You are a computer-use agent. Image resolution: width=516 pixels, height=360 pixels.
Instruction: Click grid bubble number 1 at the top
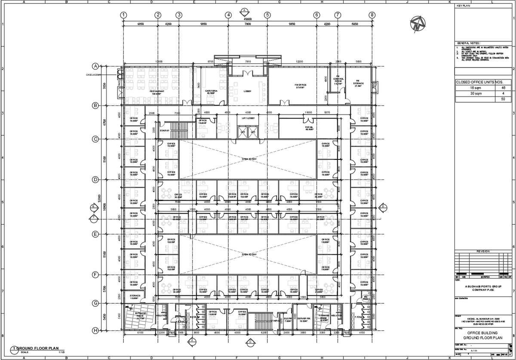point(123,15)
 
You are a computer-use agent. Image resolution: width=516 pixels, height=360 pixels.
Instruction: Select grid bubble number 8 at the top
point(372,15)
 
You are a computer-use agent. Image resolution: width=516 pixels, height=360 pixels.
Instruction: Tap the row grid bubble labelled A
point(95,66)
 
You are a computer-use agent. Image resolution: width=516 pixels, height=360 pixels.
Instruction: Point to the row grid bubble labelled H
point(95,330)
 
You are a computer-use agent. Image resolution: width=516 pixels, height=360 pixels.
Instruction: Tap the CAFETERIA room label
point(211,92)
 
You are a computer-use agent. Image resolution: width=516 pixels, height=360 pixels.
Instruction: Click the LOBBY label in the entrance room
point(248,91)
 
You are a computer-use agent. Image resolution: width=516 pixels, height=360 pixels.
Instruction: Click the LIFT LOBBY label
point(249,118)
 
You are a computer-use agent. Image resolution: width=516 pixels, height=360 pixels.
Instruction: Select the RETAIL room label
point(309,128)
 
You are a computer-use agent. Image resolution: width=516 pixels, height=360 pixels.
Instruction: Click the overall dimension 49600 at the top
point(248,19)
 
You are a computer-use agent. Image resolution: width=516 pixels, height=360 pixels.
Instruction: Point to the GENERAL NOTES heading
point(469,44)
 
